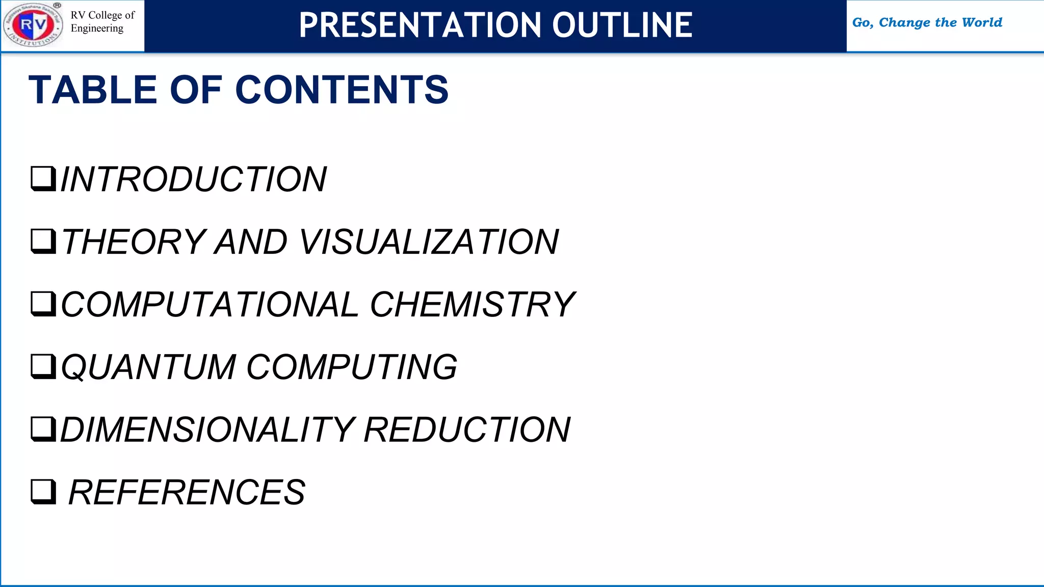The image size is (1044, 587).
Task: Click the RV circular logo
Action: click(33, 25)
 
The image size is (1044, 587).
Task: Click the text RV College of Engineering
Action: click(102, 22)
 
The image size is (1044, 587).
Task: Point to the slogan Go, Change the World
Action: click(927, 22)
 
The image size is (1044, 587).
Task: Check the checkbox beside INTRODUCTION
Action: click(43, 178)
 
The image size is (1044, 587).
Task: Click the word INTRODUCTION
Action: click(194, 179)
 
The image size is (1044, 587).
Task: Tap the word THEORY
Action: click(134, 242)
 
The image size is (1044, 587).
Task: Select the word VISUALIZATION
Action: click(429, 242)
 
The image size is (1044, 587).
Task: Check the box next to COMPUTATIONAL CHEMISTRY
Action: click(43, 304)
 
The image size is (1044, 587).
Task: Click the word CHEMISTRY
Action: click(473, 304)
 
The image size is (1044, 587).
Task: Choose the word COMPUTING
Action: click(352, 367)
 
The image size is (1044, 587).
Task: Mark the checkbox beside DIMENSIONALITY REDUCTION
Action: click(43, 429)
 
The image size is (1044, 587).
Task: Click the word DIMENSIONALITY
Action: click(207, 430)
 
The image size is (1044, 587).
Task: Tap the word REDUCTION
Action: click(467, 430)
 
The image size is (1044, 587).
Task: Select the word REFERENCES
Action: click(187, 492)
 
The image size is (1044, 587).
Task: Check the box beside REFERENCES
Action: click(43, 491)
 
